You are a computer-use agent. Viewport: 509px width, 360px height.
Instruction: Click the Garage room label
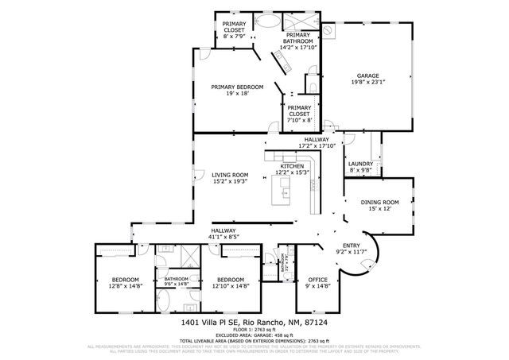[367, 75]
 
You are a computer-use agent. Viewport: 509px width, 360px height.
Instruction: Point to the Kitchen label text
[291, 165]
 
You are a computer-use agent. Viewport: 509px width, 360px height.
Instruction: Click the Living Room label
[230, 175]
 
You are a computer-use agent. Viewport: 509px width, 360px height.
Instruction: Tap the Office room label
[318, 280]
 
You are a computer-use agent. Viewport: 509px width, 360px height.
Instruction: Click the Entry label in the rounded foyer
[351, 246]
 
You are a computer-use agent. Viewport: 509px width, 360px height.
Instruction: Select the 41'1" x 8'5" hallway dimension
[223, 236]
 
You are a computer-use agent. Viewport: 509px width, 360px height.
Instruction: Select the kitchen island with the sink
[283, 189]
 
